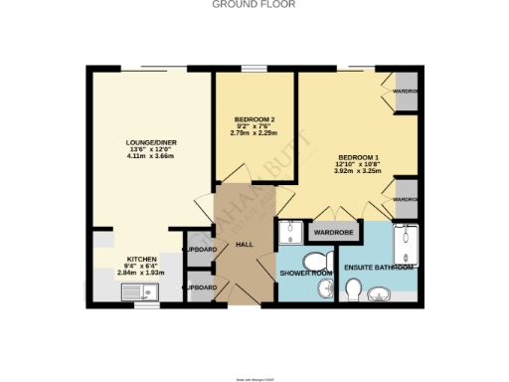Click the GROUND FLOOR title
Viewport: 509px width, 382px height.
254,4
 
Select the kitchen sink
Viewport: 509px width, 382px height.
136,291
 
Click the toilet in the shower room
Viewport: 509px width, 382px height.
326,287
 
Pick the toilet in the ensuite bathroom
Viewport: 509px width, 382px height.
353,288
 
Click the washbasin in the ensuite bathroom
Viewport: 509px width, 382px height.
383,292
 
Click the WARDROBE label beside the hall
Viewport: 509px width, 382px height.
334,233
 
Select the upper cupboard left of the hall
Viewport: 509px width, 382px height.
200,249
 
